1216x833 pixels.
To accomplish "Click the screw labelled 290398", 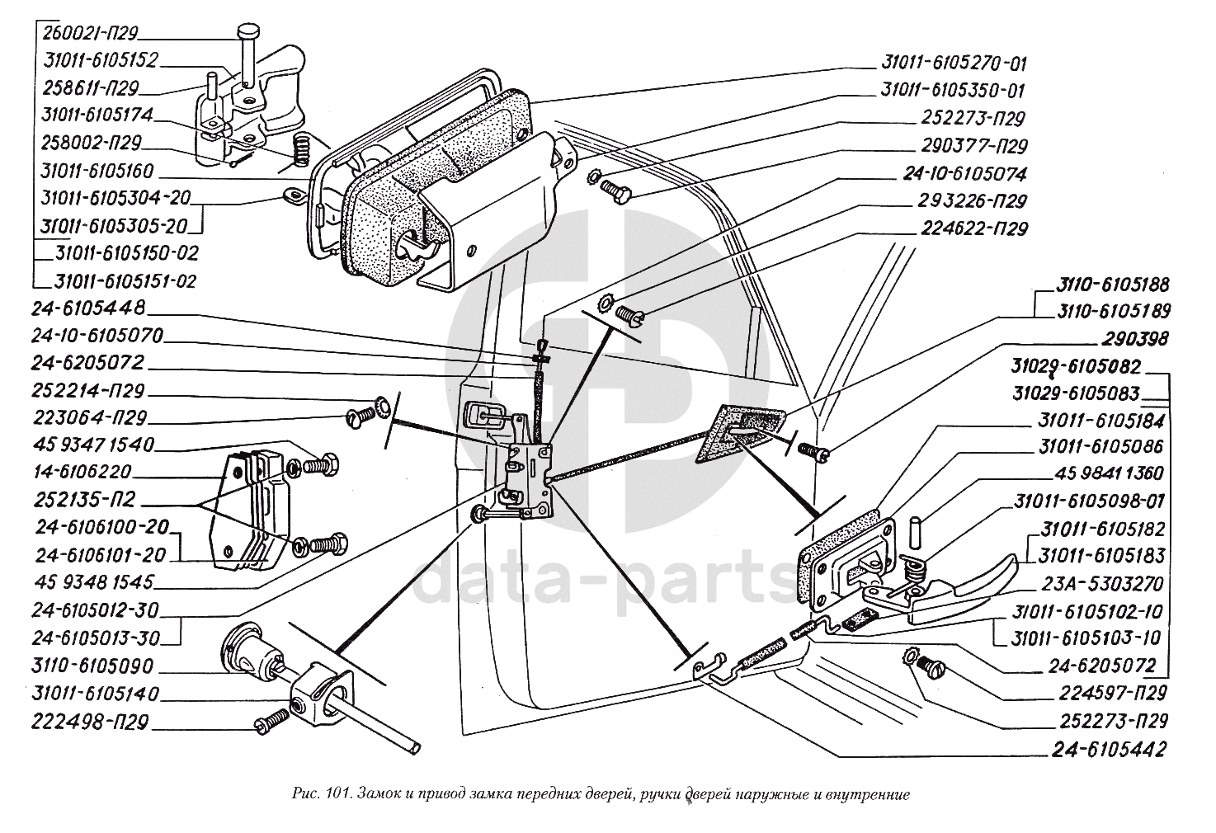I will [814, 450].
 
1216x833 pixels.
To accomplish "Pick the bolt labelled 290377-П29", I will [616, 191].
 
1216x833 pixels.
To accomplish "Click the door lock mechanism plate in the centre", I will [528, 479].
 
